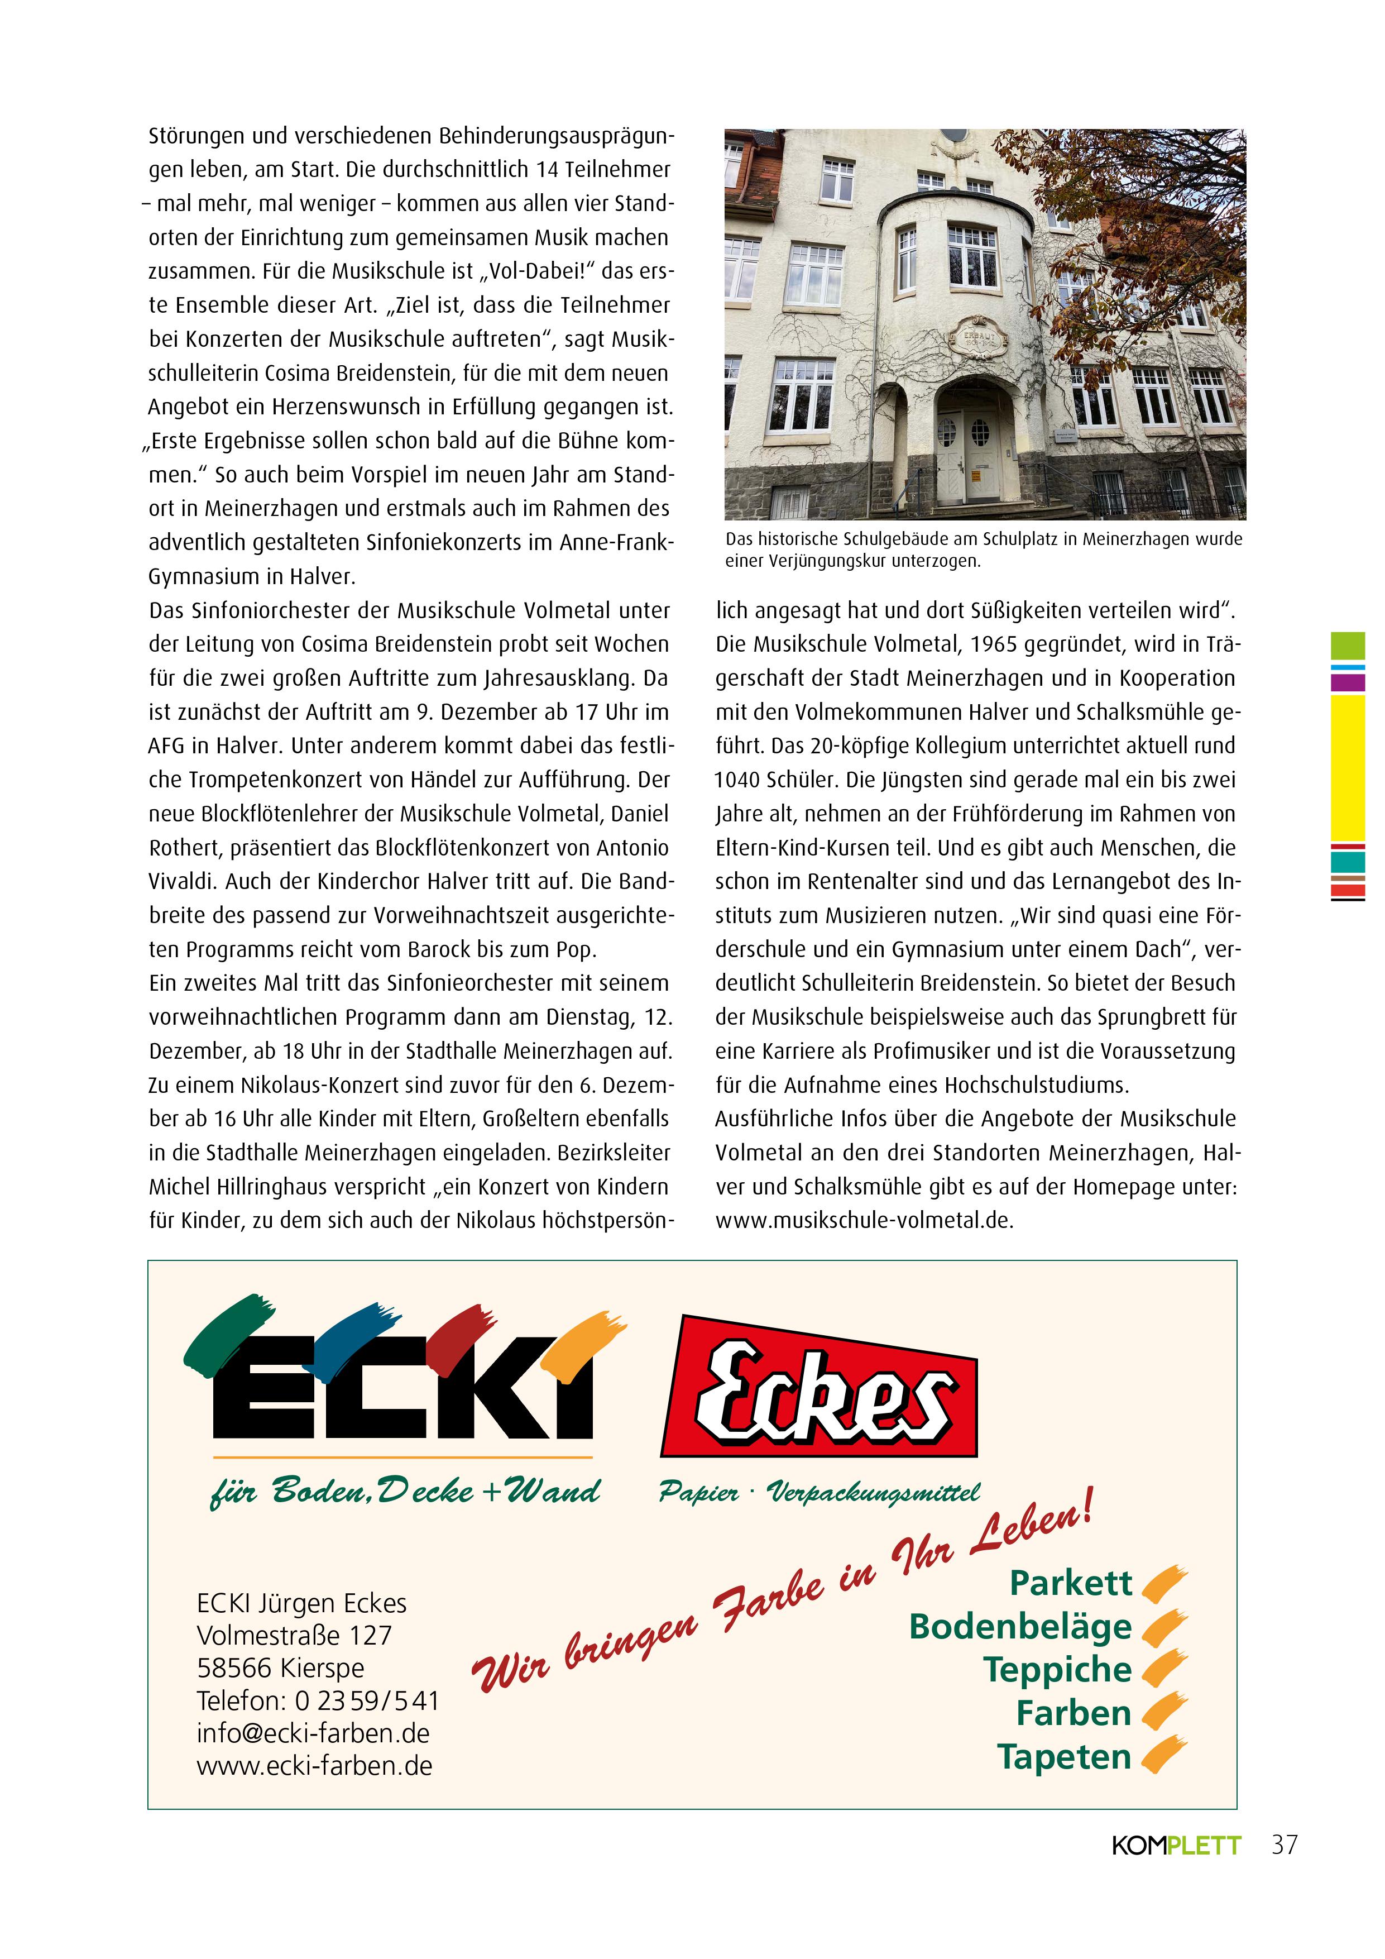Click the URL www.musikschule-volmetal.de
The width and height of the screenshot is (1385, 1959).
pos(864,1220)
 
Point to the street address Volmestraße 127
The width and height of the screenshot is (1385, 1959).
pos(294,1636)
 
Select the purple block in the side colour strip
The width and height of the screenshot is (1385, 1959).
pos(1348,682)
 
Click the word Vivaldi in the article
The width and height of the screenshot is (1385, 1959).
pos(183,881)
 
